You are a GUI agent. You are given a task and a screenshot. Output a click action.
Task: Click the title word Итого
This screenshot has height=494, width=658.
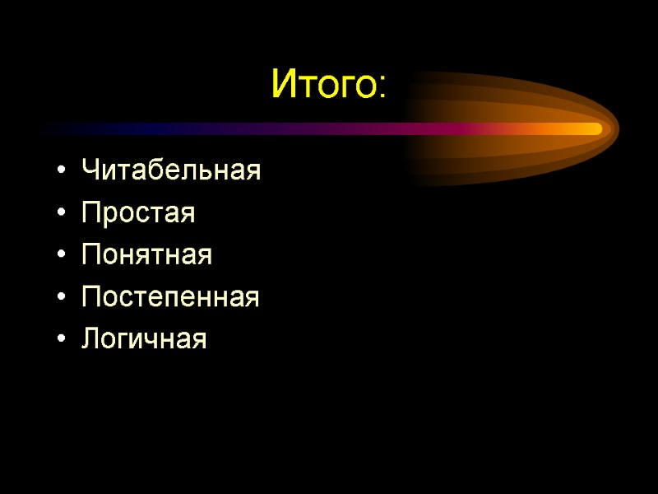point(323,84)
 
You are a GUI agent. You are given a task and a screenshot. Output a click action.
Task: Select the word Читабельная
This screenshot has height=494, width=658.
point(171,171)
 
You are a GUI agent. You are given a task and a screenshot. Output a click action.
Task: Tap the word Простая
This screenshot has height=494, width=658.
point(138,214)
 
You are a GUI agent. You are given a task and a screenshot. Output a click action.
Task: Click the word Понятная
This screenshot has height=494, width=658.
point(146,255)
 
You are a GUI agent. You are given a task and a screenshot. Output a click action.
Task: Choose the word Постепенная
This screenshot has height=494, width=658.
point(170,297)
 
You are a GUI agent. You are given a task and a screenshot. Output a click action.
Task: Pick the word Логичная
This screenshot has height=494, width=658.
point(144,339)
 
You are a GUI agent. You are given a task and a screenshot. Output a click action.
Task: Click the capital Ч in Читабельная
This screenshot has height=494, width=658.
point(90,171)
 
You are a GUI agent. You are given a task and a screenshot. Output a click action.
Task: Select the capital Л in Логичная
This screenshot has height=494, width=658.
point(90,339)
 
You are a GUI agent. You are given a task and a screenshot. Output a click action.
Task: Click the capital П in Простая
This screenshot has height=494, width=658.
point(90,214)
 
